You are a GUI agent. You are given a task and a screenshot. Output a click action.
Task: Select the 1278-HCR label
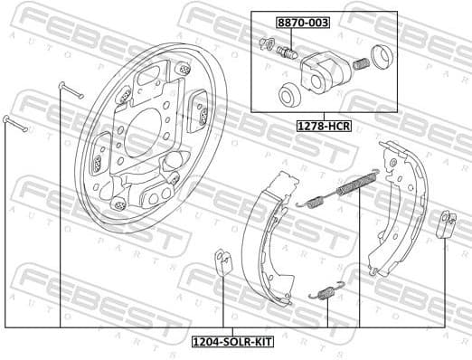click(324, 127)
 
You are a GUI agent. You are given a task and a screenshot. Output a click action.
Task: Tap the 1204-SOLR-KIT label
click(231, 342)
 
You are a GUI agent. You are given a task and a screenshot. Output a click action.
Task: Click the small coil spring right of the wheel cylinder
click(360, 66)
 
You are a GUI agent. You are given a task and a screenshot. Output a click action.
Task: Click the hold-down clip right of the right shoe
click(445, 223)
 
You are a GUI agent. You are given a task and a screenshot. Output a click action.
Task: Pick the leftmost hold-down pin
click(16, 125)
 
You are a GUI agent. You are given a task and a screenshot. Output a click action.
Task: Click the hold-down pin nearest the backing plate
click(71, 90)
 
